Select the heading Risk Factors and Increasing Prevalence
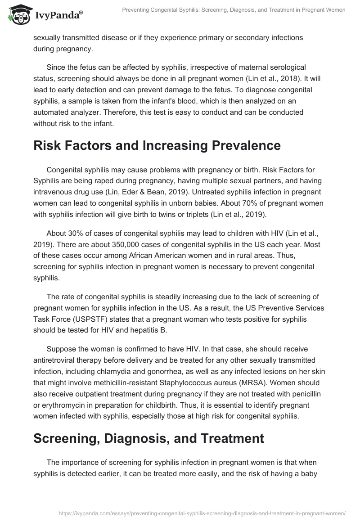[x=157, y=145]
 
